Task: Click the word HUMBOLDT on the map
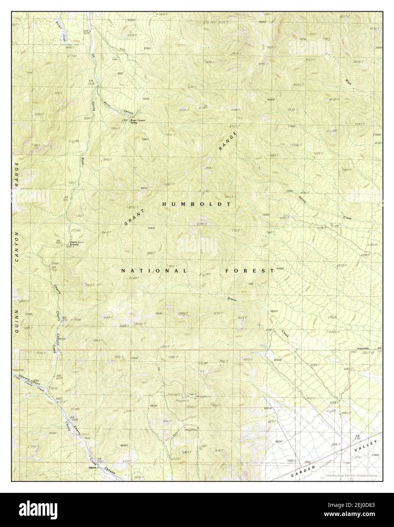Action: (x=196, y=204)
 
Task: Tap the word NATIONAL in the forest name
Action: (x=154, y=271)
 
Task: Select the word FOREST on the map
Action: (x=250, y=271)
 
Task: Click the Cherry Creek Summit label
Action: (x=76, y=243)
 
